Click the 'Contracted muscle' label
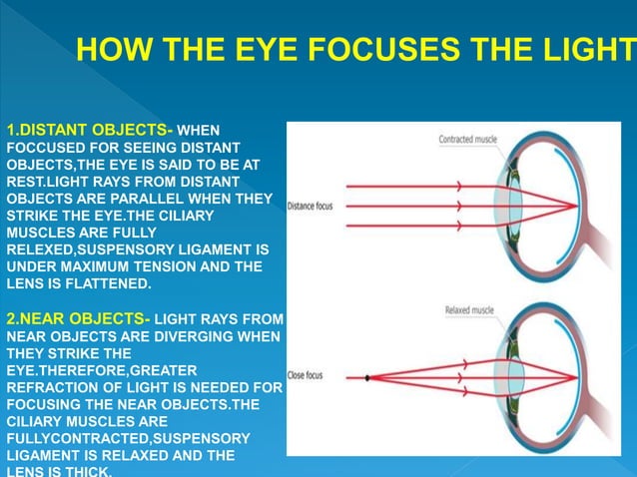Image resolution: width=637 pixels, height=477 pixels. pos(468,139)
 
